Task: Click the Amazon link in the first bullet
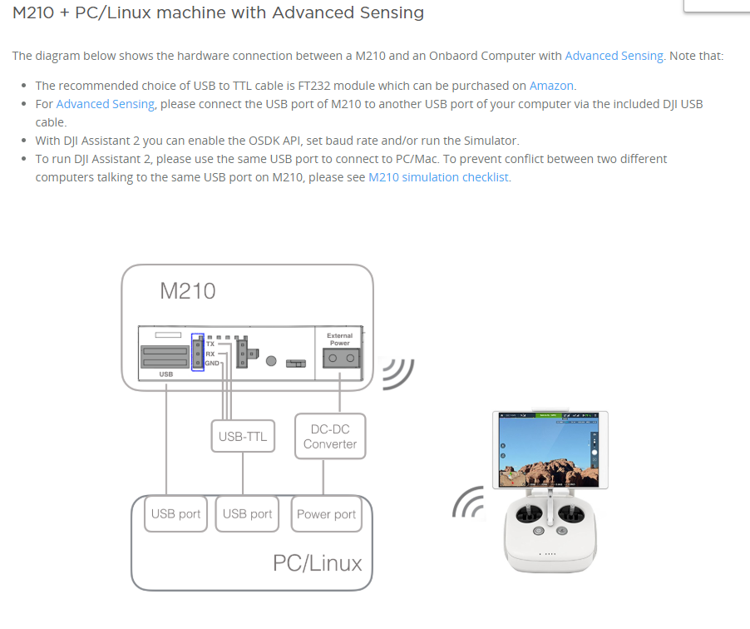click(551, 85)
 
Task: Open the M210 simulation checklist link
click(438, 177)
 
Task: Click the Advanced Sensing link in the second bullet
click(105, 104)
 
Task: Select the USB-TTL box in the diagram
click(243, 436)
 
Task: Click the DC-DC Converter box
click(330, 437)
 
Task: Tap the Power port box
click(326, 514)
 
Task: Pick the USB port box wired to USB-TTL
click(247, 514)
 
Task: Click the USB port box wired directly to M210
click(175, 514)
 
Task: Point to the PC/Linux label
click(317, 563)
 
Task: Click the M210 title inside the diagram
click(187, 291)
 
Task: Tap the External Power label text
click(339, 339)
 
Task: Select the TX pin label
click(210, 343)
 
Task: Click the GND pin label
click(212, 364)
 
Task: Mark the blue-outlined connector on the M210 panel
click(197, 353)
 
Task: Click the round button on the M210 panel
click(271, 361)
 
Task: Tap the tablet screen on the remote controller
click(550, 449)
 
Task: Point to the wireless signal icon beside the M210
click(397, 374)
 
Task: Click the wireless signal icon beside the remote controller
click(468, 502)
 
